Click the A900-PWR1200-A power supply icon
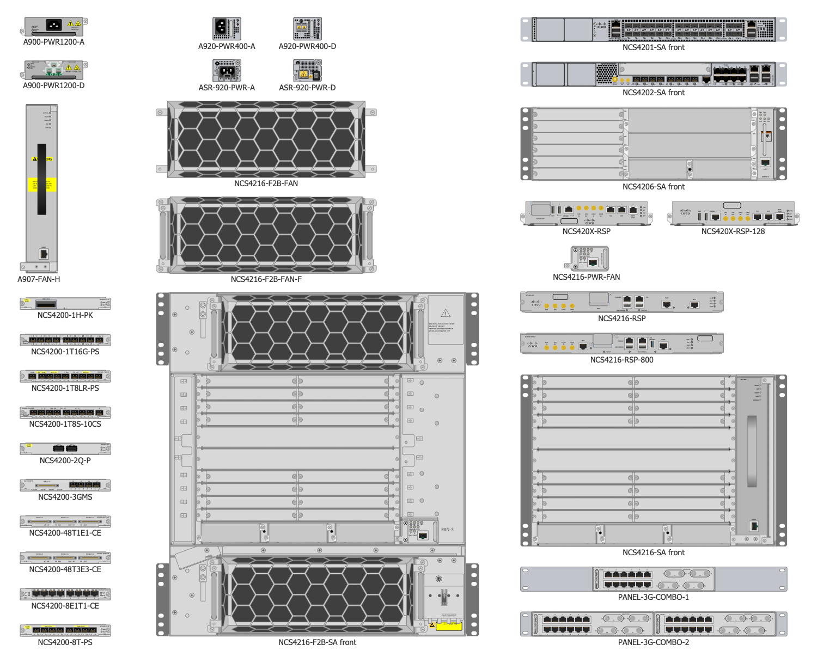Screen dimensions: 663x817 (54, 26)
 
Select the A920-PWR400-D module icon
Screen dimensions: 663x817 (307, 29)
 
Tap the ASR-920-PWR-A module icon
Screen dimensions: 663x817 (227, 71)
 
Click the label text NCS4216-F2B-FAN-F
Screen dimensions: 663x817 (266, 279)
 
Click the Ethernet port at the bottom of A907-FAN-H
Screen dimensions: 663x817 (44, 254)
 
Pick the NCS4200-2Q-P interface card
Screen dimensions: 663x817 (65, 449)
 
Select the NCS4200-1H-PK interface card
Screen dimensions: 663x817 (65, 303)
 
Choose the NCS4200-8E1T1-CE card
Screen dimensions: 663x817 (65, 594)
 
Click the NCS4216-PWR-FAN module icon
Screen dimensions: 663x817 (590, 259)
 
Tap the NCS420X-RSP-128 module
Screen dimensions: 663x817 (733, 213)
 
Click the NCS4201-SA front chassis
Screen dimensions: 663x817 (653, 29)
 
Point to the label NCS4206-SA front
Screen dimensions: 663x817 (653, 187)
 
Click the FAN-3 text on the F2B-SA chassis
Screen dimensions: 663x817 (447, 530)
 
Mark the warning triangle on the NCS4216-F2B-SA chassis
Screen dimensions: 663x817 (446, 313)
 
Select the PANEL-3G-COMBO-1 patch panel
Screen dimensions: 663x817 (653, 579)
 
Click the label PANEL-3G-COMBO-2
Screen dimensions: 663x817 (653, 642)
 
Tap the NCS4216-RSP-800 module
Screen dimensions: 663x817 (621, 343)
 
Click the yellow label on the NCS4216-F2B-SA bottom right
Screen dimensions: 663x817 (449, 626)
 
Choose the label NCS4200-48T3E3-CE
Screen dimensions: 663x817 (65, 569)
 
